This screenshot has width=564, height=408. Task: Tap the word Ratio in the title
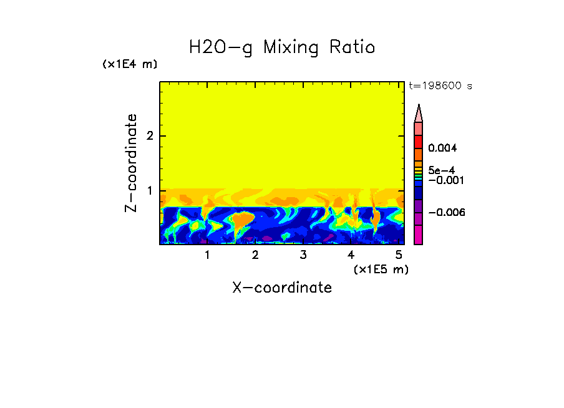(x=352, y=47)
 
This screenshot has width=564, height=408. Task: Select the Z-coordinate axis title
(x=132, y=163)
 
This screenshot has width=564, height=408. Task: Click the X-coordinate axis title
(x=282, y=288)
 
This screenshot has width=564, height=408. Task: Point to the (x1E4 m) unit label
(x=130, y=64)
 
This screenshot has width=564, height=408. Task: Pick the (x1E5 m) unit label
(x=381, y=269)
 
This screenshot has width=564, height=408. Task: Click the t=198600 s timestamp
(x=440, y=86)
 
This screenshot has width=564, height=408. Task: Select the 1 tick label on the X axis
(x=207, y=255)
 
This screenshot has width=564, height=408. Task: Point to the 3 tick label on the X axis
(x=303, y=255)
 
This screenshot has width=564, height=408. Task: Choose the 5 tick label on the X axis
(x=399, y=255)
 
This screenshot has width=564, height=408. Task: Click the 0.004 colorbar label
(x=444, y=148)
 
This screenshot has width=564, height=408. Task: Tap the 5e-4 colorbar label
(x=441, y=170)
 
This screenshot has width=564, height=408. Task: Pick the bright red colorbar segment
(x=419, y=141)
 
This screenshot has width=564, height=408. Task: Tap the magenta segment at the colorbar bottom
(x=419, y=235)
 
